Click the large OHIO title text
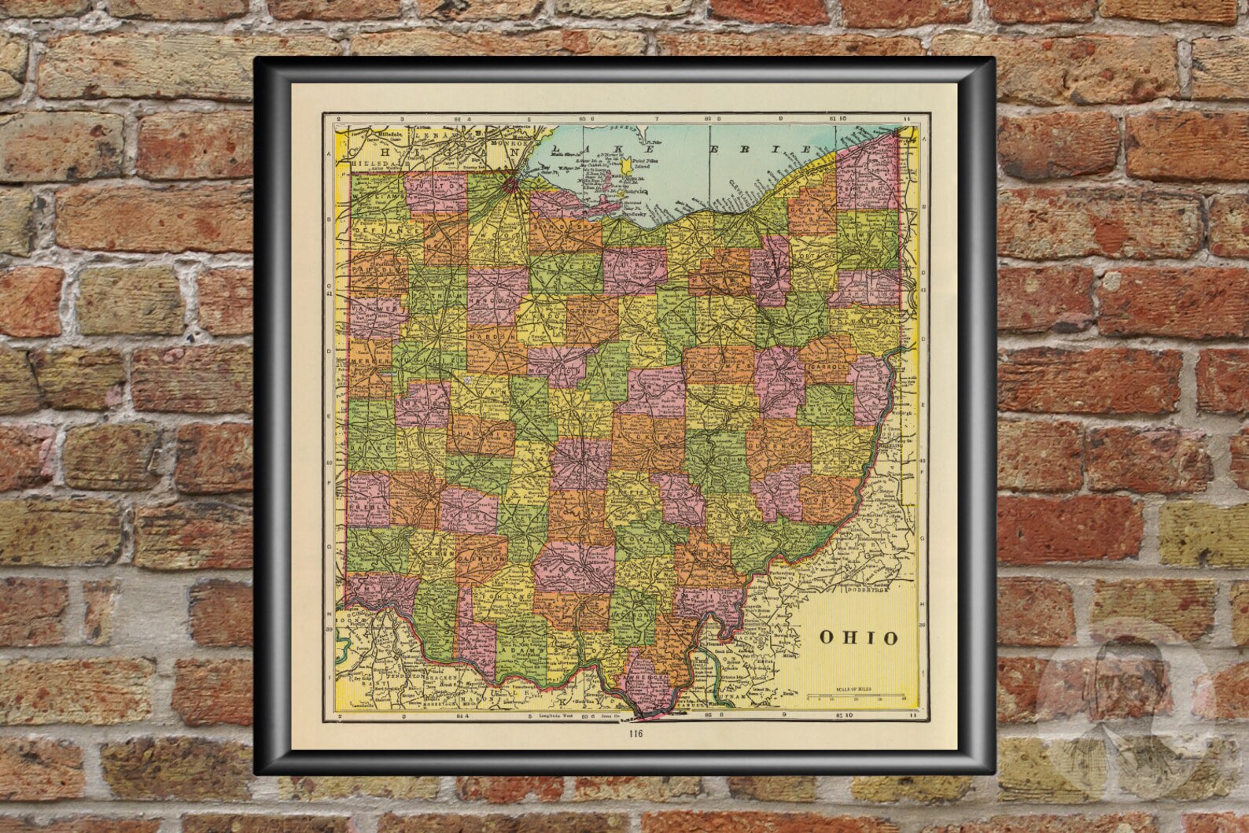point(858,637)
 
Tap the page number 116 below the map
point(636,735)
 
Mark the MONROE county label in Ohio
point(827,499)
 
